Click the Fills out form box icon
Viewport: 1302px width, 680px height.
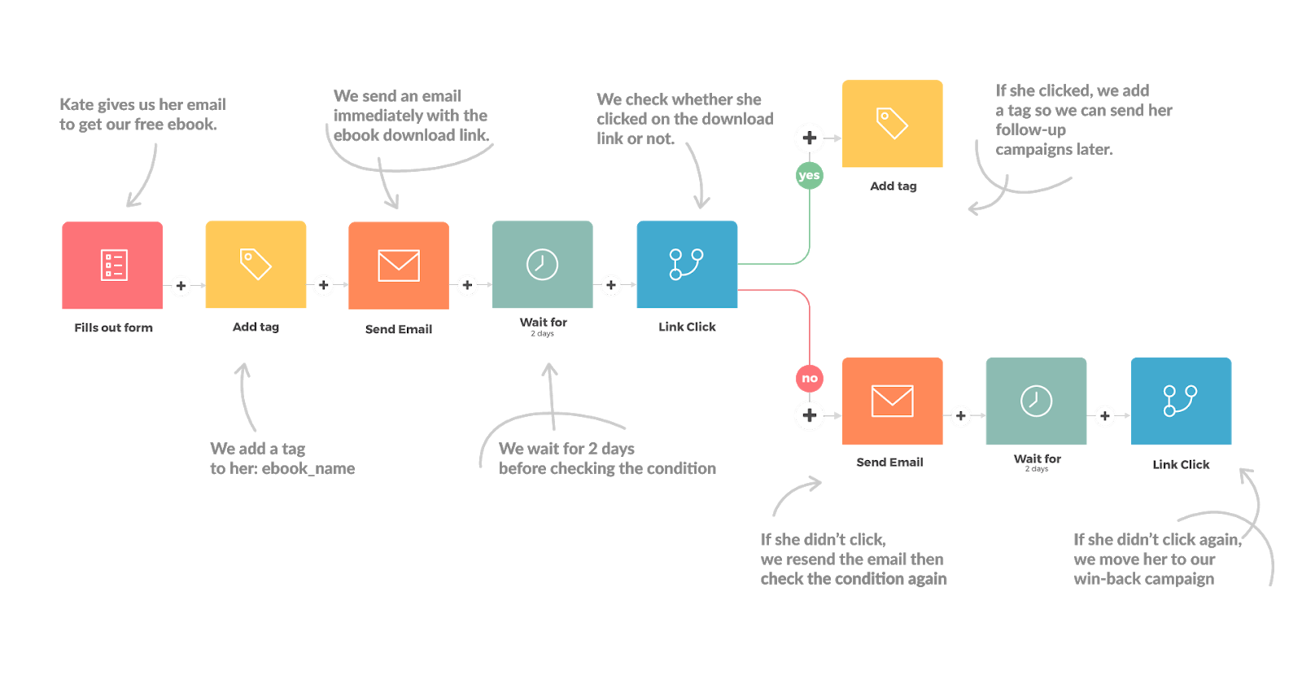pyautogui.click(x=113, y=265)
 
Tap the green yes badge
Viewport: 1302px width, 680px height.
pyautogui.click(x=809, y=175)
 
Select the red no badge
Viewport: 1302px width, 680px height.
pyautogui.click(x=809, y=378)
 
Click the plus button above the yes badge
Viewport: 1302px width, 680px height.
pyautogui.click(x=809, y=138)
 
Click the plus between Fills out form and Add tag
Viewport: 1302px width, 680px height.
pyautogui.click(x=181, y=286)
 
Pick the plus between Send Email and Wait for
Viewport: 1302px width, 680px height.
pyautogui.click(x=467, y=285)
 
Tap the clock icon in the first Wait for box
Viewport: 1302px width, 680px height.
pyautogui.click(x=542, y=265)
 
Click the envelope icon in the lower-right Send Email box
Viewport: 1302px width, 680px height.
pyautogui.click(x=892, y=401)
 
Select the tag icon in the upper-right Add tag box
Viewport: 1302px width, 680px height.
pyautogui.click(x=892, y=123)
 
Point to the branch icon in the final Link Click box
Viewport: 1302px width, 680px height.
pyautogui.click(x=1180, y=401)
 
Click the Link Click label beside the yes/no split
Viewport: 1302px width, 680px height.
pyautogui.click(x=687, y=327)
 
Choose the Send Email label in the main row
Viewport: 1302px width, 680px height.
pyautogui.click(x=398, y=329)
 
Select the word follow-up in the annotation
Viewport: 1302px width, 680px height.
pyautogui.click(x=1030, y=129)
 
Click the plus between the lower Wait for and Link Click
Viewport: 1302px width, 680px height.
pyautogui.click(x=1104, y=416)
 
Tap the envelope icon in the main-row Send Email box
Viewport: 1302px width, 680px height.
pyautogui.click(x=399, y=265)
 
